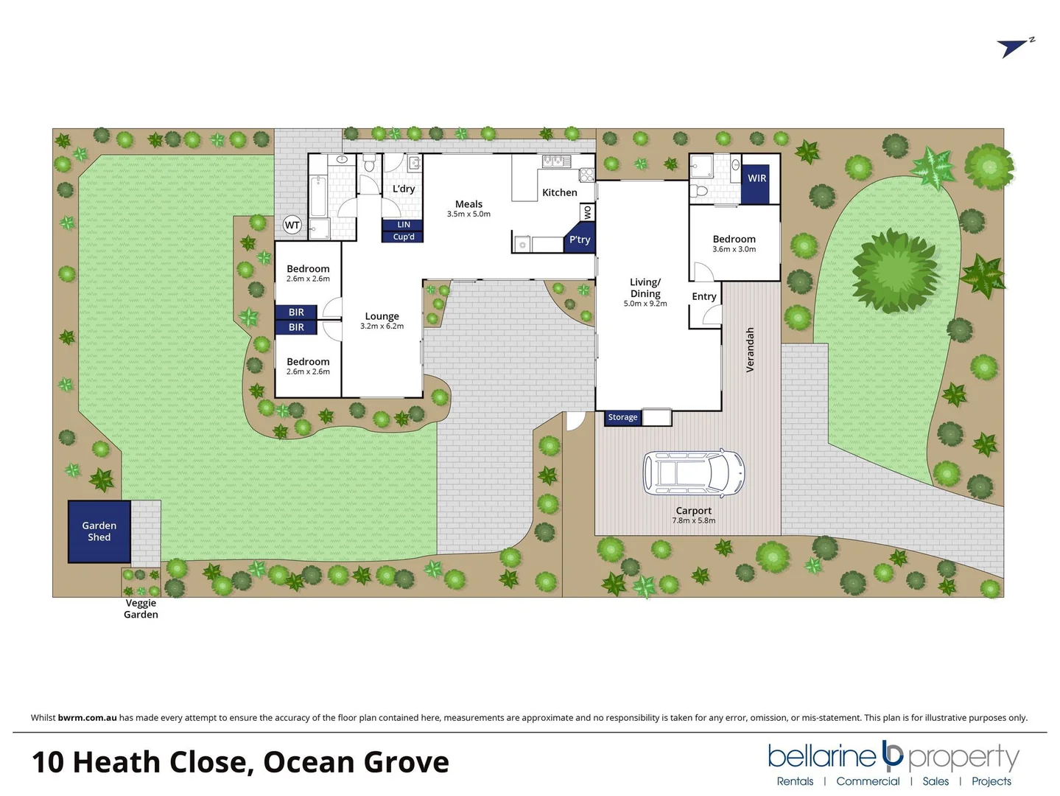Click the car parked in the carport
point(693,473)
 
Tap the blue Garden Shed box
point(99,531)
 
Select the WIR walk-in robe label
point(757,178)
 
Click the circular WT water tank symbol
point(292,226)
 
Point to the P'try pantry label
point(579,240)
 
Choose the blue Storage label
point(622,417)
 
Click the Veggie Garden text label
point(141,609)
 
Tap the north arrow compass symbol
point(1014,47)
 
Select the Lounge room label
point(382,316)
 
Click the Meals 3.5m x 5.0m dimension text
point(468,214)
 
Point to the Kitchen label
point(560,192)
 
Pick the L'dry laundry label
point(404,189)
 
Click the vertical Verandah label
point(751,350)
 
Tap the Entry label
point(704,296)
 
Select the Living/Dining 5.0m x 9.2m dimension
point(645,304)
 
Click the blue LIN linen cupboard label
point(404,225)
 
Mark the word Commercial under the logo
point(868,781)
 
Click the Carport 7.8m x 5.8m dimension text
point(693,520)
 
